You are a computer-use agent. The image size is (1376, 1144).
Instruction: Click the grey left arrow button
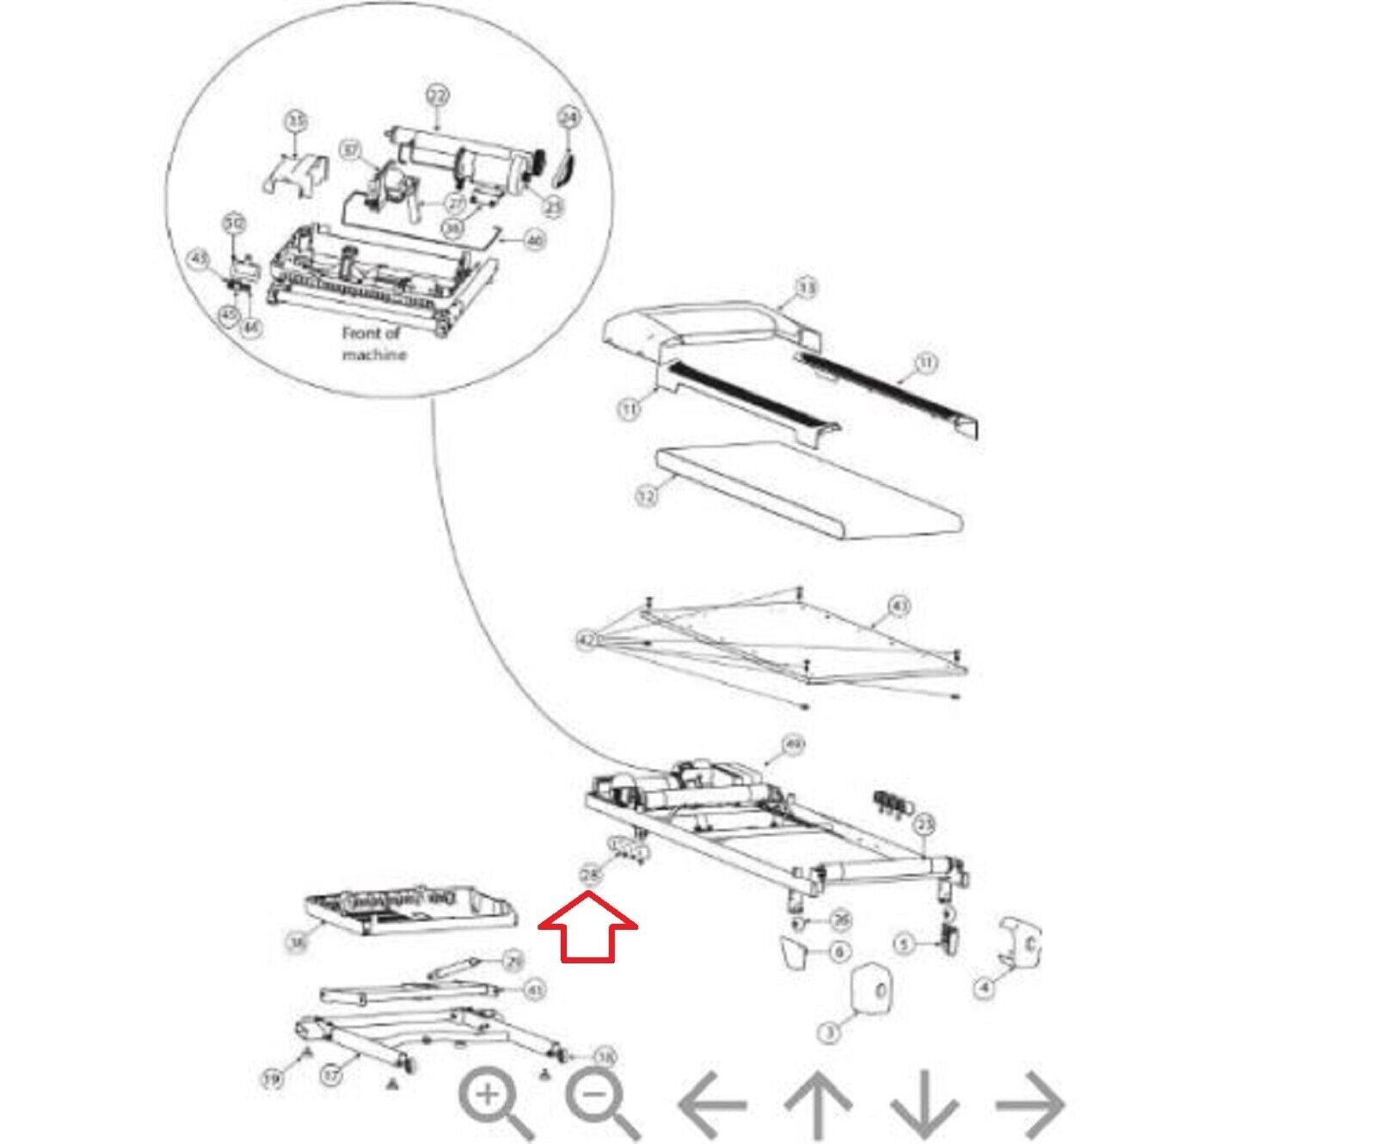(x=712, y=1104)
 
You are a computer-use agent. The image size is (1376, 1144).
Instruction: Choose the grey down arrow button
(x=924, y=1104)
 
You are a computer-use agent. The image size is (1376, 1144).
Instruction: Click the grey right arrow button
(x=1030, y=1104)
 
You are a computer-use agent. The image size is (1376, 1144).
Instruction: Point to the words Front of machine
(x=374, y=343)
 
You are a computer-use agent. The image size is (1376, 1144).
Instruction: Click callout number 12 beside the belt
(x=646, y=496)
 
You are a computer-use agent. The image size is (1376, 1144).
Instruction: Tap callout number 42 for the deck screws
(x=587, y=641)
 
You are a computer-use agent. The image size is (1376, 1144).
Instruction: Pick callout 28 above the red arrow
(x=590, y=876)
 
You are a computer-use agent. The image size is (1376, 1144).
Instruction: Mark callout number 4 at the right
(x=985, y=987)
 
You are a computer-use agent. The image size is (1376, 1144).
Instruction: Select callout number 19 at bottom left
(x=272, y=1079)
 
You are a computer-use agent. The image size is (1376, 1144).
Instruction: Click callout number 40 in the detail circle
(x=534, y=242)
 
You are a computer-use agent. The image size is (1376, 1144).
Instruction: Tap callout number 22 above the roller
(x=437, y=97)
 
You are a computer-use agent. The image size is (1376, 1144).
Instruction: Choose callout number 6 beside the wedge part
(x=838, y=951)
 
